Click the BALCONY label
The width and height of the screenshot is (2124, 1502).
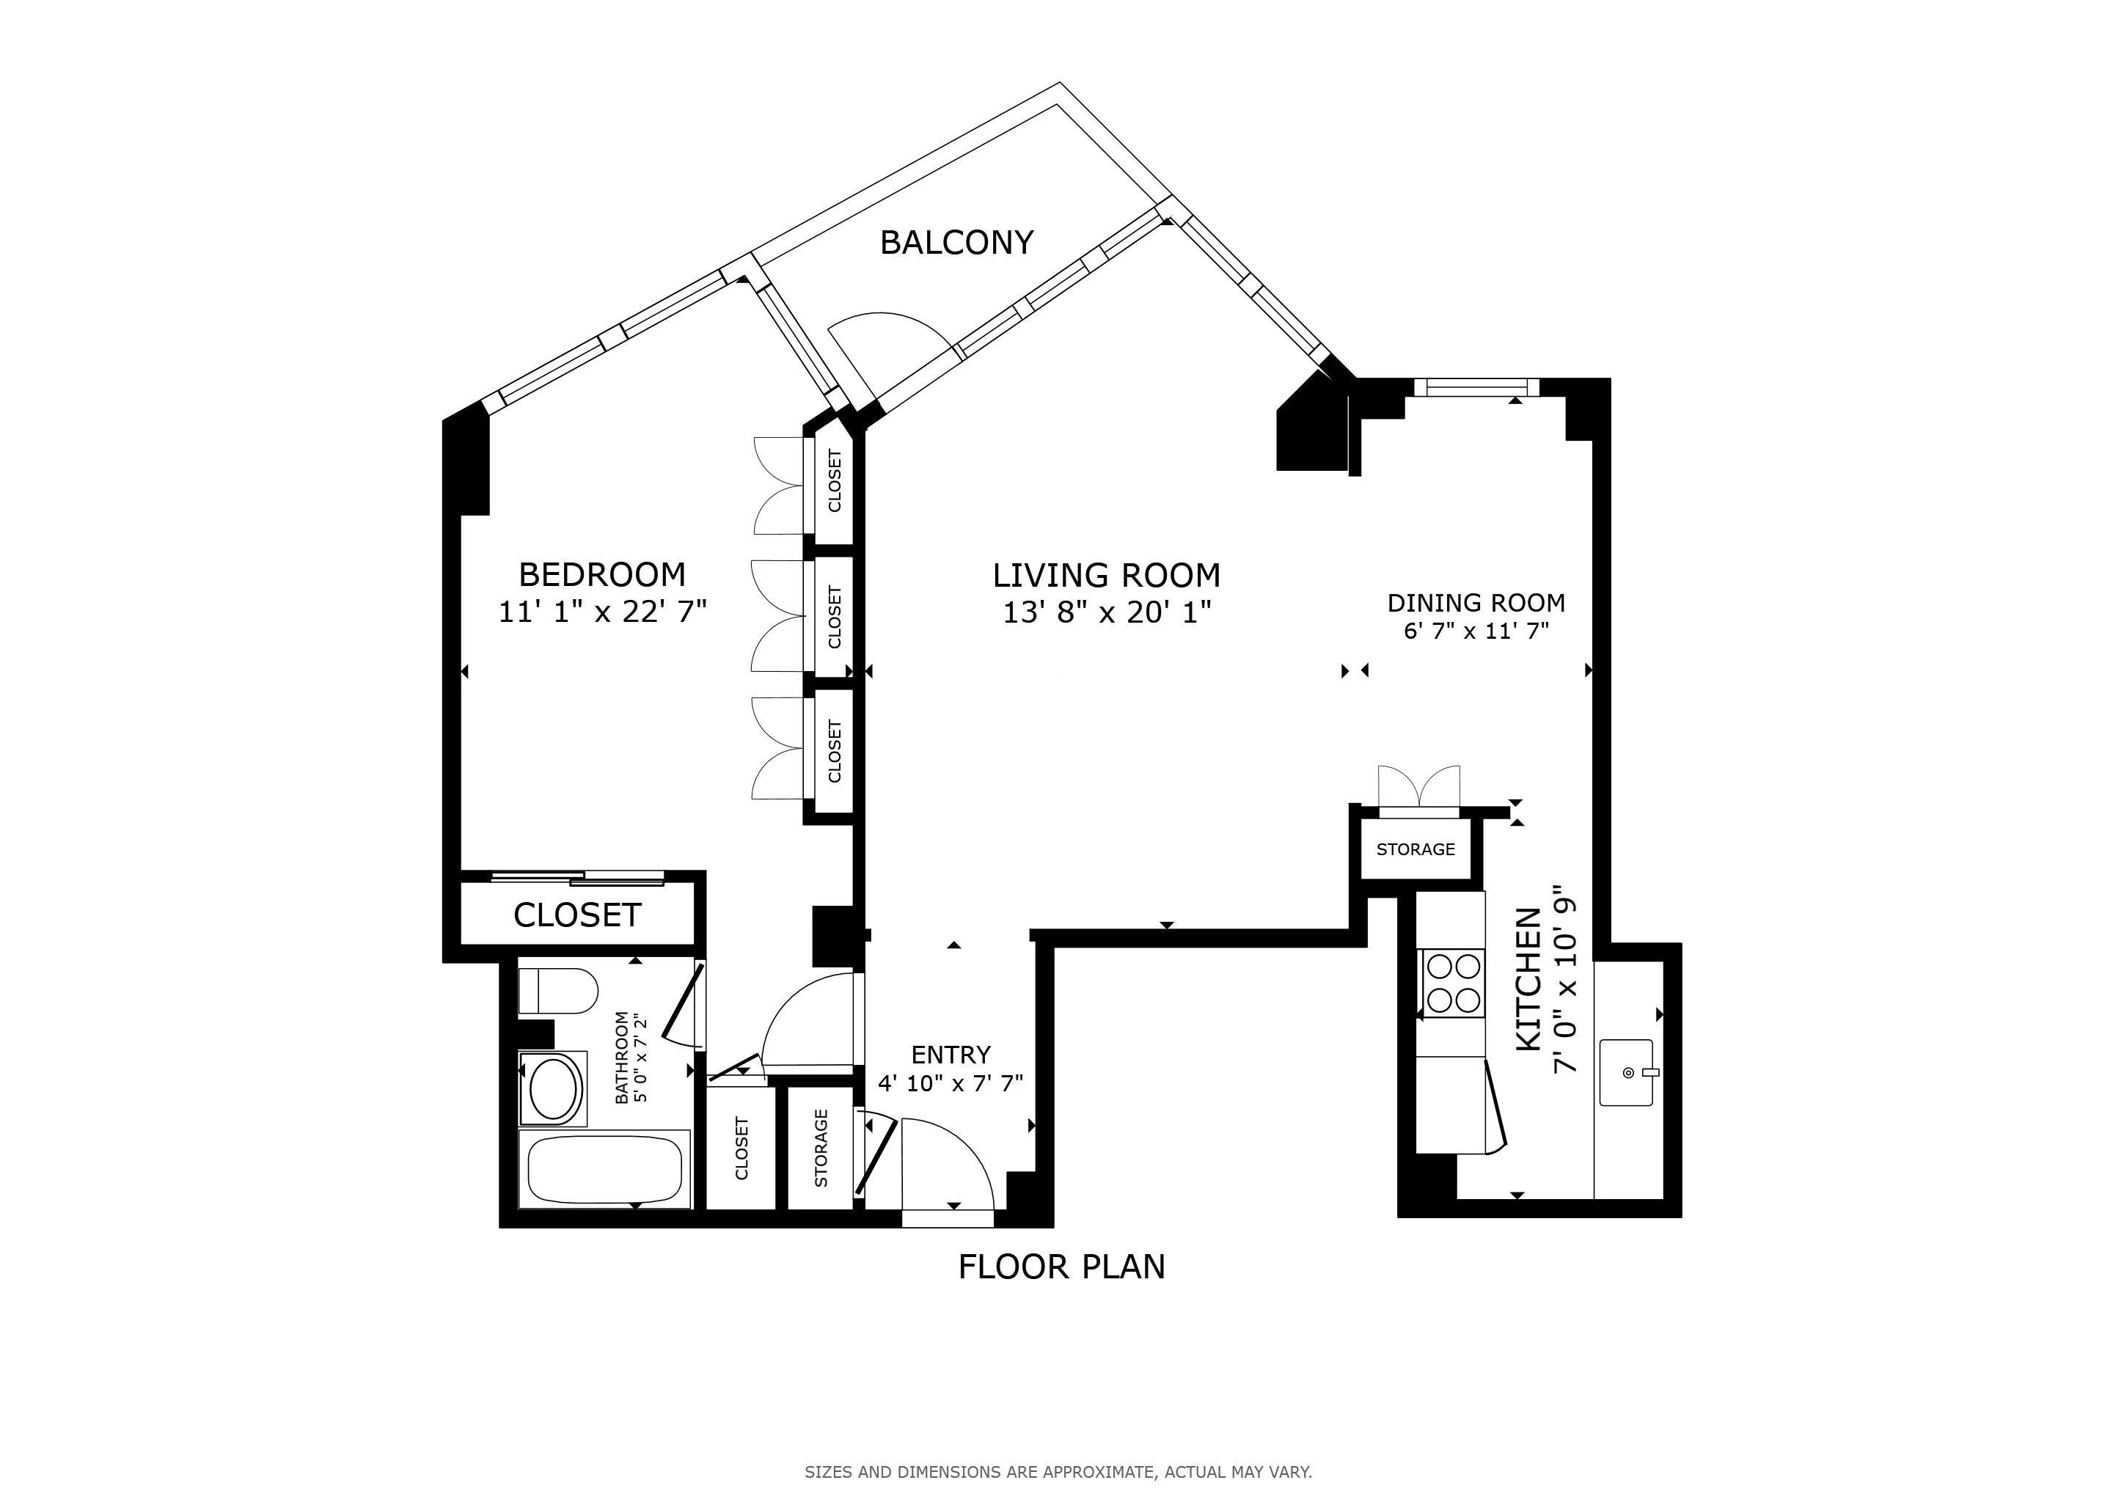tap(956, 242)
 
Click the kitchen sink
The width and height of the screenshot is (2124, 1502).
tap(1625, 1072)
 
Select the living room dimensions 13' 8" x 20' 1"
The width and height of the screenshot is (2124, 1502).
tap(1107, 612)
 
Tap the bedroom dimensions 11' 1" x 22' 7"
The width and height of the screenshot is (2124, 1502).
tap(602, 612)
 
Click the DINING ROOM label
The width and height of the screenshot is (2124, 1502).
tap(1476, 603)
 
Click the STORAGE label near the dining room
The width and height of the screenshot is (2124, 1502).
tap(1415, 849)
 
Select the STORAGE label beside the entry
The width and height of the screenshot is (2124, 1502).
tap(821, 1148)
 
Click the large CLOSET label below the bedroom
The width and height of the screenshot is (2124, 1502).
tap(577, 915)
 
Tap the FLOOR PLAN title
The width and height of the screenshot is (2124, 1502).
tap(1061, 1266)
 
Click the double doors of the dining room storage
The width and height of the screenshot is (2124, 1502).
tap(1418, 788)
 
